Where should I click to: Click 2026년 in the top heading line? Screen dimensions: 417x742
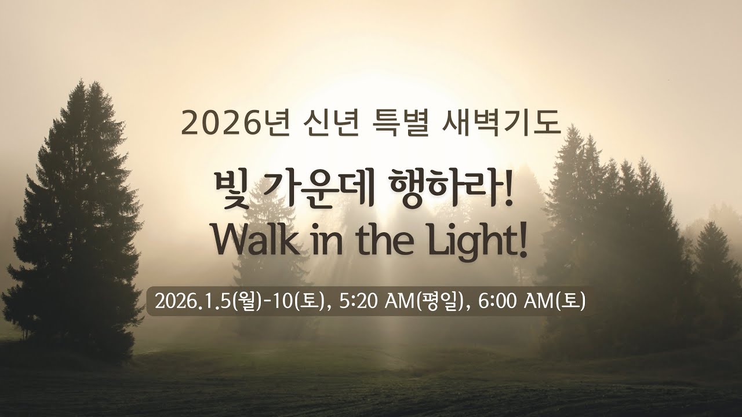pos(235,122)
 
